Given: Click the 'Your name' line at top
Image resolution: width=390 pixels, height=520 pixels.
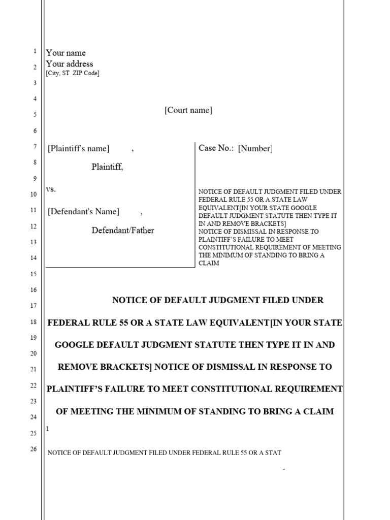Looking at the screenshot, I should (66, 53).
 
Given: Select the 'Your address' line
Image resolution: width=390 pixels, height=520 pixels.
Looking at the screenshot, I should (70, 64).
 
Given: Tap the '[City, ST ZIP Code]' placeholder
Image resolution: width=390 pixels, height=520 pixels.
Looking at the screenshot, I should (73, 74).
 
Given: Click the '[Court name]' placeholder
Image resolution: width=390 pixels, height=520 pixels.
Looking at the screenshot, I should (188, 110).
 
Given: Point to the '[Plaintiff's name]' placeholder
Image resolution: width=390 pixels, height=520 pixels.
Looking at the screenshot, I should (79, 149).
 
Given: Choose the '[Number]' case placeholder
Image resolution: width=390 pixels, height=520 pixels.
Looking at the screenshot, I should (255, 148).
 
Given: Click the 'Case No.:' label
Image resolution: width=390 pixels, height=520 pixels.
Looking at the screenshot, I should (216, 148).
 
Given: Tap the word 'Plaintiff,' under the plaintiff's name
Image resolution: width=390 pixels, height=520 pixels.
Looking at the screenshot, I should (107, 167).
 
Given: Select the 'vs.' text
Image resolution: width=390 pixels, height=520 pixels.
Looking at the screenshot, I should (51, 189).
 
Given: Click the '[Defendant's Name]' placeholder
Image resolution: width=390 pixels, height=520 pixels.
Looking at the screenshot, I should (84, 212).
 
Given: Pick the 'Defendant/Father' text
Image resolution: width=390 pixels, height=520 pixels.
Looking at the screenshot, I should (123, 231).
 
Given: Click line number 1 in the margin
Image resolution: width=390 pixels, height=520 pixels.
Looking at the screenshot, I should (35, 51).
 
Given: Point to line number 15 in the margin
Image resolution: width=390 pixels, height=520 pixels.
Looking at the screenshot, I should (34, 274).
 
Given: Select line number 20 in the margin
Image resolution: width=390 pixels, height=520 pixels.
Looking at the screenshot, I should (34, 353).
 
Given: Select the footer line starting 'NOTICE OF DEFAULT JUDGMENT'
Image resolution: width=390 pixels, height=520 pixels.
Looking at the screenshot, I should (164, 452).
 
